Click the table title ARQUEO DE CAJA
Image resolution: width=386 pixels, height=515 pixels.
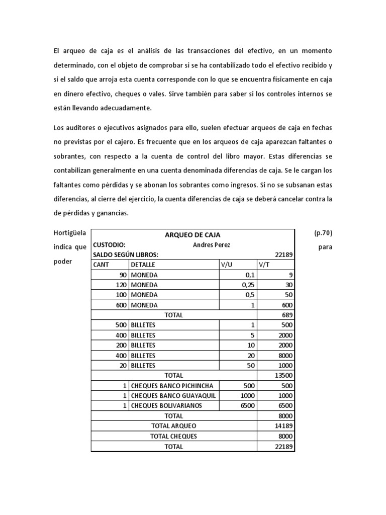pos(192,235)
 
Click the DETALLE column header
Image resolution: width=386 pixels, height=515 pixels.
pos(143,265)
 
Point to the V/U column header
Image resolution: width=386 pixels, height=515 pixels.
pos(227,265)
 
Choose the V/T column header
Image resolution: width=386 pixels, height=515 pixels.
pos(265,265)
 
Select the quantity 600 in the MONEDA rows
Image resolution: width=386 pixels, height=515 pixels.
pos(119,305)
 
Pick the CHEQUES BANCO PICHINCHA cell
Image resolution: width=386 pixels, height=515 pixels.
pos(173,386)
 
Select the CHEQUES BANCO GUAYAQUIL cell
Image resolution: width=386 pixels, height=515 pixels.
pos(173,396)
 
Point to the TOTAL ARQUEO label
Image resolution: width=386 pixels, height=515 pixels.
pos(174,426)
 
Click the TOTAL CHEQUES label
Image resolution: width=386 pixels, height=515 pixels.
pos(174,437)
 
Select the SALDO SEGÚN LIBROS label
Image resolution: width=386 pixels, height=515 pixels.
pos(126,254)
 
